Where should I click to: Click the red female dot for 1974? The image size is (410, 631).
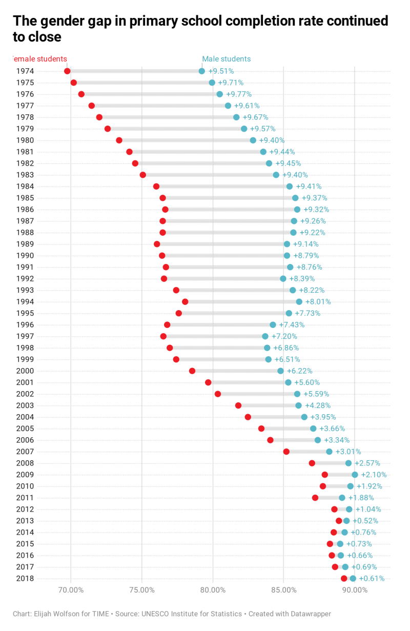point(67,71)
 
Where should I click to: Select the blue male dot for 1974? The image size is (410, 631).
point(202,71)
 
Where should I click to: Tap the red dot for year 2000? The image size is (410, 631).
point(192,371)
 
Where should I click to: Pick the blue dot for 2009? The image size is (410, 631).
point(355,475)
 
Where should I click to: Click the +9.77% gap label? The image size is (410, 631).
point(238,94)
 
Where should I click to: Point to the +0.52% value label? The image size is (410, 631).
point(365,521)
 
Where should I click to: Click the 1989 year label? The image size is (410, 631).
point(25,244)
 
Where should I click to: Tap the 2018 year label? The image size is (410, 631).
point(25,579)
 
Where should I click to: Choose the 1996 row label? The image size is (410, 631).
point(25,325)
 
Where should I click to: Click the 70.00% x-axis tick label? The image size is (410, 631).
point(71,589)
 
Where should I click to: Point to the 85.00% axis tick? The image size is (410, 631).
point(284,589)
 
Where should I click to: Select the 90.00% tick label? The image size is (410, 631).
point(355,589)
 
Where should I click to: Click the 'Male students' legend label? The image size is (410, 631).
point(227,59)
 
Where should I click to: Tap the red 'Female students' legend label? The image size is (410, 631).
point(39,59)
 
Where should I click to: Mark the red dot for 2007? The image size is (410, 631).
point(286,452)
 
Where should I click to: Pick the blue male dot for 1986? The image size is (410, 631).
point(297,210)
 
